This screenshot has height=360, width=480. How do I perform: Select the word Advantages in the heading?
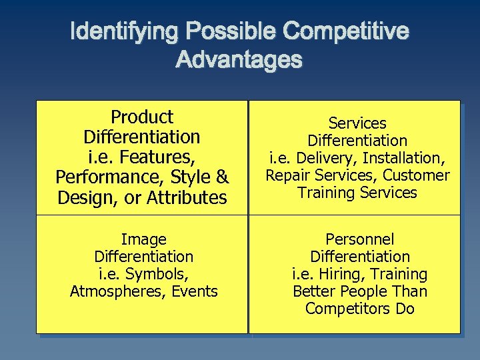pyautogui.click(x=239, y=61)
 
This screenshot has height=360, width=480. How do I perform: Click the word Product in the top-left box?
pyautogui.click(x=142, y=117)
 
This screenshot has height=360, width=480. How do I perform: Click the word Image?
pyautogui.click(x=144, y=239)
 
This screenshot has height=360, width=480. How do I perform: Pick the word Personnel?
pyautogui.click(x=360, y=239)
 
